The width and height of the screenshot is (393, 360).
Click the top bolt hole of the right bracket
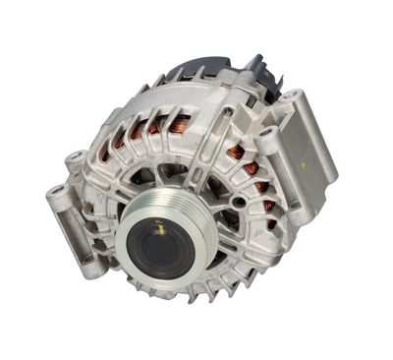[x=290, y=96]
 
